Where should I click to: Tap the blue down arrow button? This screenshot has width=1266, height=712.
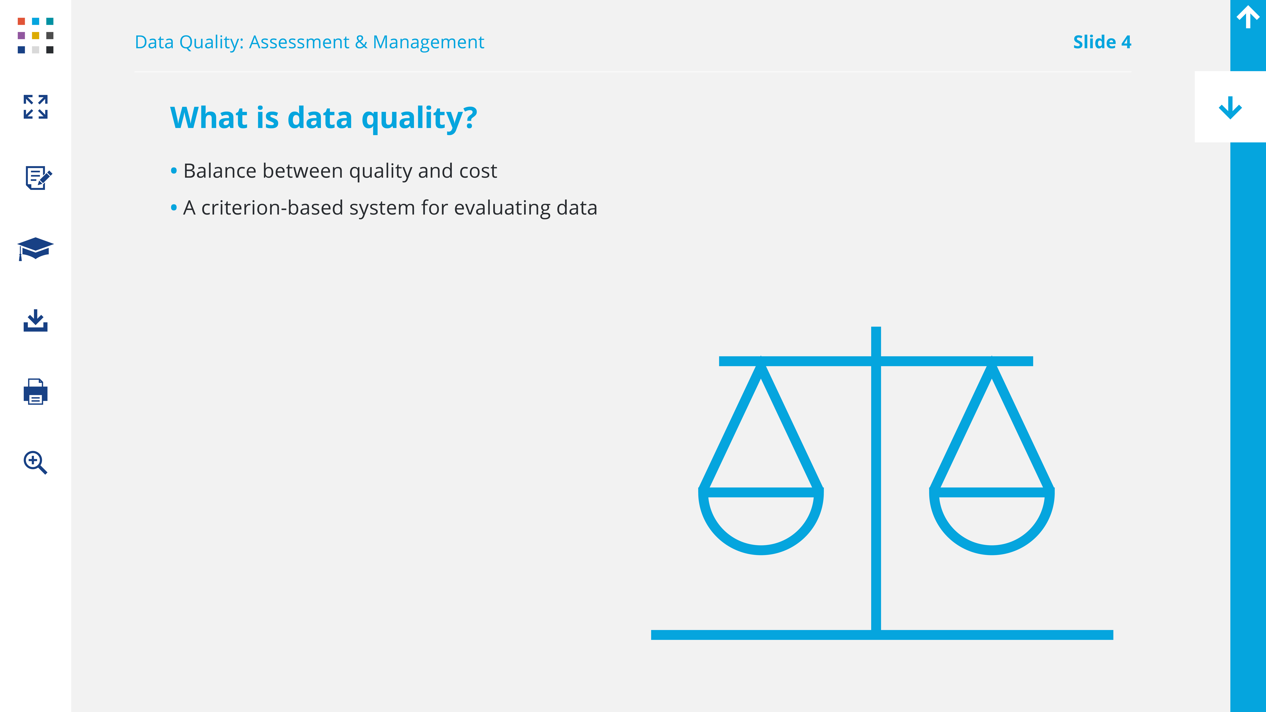[1230, 107]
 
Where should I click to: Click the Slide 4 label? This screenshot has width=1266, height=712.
[1102, 42]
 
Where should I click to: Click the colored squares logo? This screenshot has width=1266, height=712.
[35, 35]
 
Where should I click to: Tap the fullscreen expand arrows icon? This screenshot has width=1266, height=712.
[35, 107]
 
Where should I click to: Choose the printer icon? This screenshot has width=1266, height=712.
[35, 392]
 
